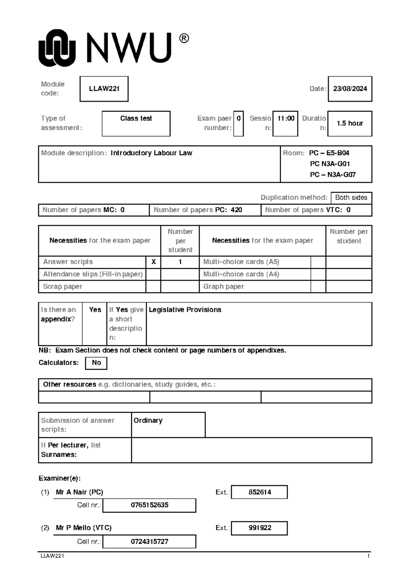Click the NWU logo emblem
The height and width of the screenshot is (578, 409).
coord(57,48)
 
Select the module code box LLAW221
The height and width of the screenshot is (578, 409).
coord(104,89)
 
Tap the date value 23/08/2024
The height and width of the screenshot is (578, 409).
coord(350,89)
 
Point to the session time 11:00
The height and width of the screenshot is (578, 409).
coord(286,119)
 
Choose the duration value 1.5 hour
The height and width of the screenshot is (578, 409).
coord(350,123)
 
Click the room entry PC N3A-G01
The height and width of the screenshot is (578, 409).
coord(330,164)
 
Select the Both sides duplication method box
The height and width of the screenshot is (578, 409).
coord(351,198)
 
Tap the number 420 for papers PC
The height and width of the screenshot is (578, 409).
coord(236,210)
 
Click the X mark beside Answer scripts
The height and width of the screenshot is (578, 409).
coord(153,262)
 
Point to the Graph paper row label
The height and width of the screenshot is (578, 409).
coord(224,287)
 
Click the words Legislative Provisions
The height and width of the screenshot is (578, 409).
coord(185,310)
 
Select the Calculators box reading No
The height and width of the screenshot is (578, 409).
coord(96,363)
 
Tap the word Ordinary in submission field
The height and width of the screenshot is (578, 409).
coord(148,421)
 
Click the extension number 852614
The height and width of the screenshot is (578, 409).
coord(259,492)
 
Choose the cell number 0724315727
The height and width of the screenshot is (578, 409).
coord(149,542)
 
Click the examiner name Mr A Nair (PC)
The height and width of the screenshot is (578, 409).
coord(79,492)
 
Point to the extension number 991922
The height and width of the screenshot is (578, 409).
coord(259,528)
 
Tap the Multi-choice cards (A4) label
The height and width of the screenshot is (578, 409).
coord(241,274)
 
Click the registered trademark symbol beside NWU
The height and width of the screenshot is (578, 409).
coord(184,39)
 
